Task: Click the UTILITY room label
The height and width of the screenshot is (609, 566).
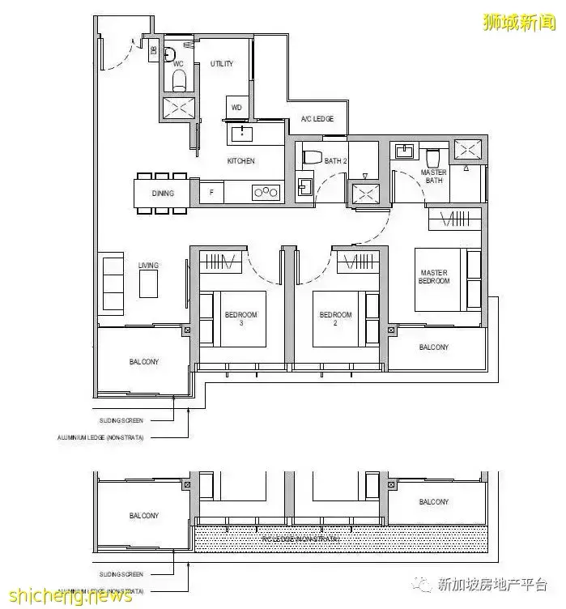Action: [222, 63]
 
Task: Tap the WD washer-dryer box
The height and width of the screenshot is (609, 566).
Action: [236, 107]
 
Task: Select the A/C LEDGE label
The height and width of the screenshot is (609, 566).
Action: [317, 119]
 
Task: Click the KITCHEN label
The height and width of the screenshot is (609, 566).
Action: [240, 161]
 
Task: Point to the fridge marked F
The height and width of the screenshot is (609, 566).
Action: [211, 193]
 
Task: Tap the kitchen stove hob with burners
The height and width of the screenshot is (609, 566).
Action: [266, 192]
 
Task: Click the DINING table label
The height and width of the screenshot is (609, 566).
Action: [163, 194]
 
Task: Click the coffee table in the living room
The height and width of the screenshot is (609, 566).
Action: [149, 283]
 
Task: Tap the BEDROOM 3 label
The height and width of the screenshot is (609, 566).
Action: [241, 317]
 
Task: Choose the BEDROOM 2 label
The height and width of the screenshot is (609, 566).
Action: [336, 317]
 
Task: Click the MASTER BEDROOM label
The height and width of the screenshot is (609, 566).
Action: [434, 277]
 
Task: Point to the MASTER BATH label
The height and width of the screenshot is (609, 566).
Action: [433, 176]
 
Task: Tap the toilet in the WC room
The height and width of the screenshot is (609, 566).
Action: [179, 79]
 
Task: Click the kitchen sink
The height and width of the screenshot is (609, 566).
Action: [240, 134]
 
